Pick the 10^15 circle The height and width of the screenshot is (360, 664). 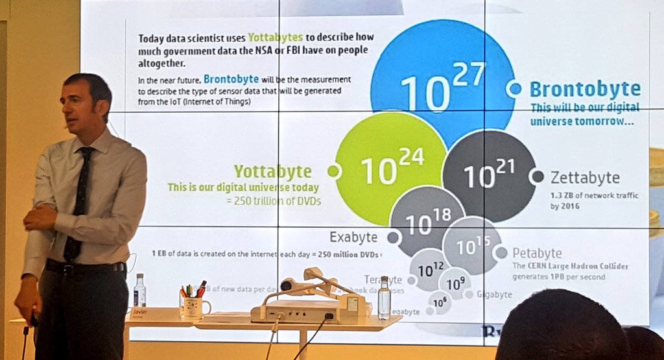pyautogui.click(x=471, y=245)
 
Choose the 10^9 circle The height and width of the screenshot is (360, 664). pyautogui.click(x=455, y=283)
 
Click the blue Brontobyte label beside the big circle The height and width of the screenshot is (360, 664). pyautogui.click(x=584, y=89)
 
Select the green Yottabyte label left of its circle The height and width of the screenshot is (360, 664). pyautogui.click(x=272, y=171)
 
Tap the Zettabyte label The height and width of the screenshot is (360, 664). pyautogui.click(x=585, y=177)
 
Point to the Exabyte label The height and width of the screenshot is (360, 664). pyautogui.click(x=353, y=237)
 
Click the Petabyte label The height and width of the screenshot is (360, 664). pyautogui.click(x=537, y=253)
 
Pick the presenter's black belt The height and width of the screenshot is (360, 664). pyautogui.click(x=84, y=267)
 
